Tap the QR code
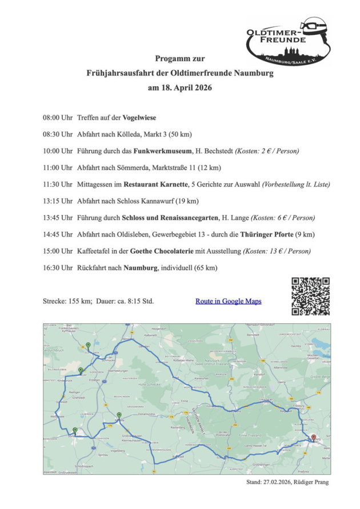pos(310,296)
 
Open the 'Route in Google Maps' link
pos(228,300)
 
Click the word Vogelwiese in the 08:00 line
pos(139,118)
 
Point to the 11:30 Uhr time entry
pos(57,185)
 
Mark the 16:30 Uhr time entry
pos(57,267)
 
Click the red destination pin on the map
pos(313,439)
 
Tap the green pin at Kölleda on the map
pos(119,416)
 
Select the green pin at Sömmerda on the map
pos(75,430)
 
